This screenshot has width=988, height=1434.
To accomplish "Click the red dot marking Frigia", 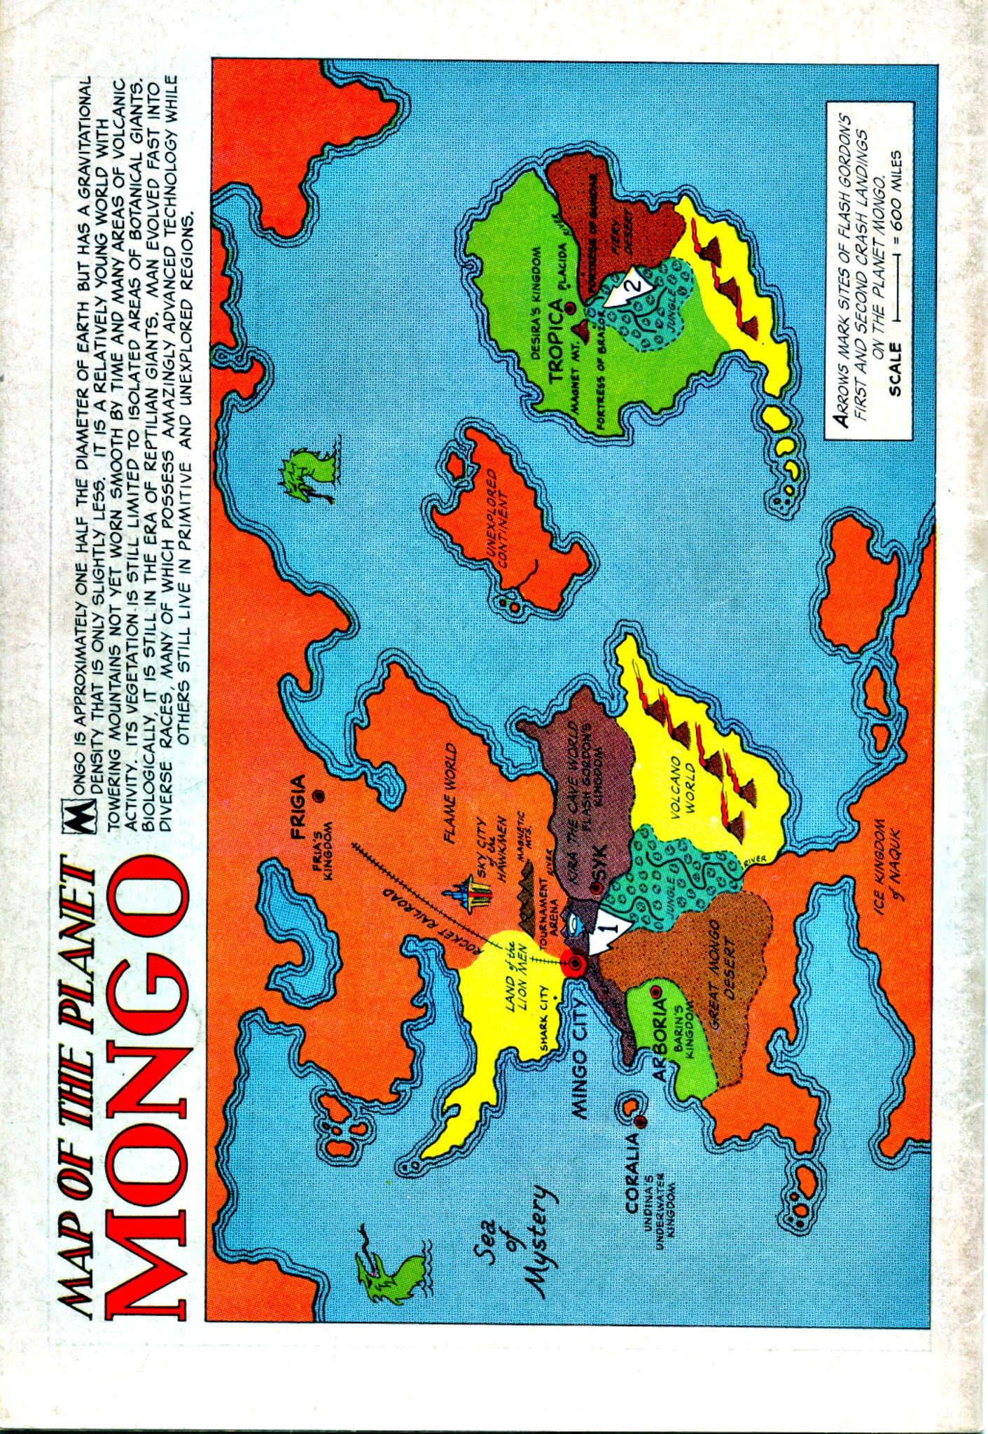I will tap(319, 795).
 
